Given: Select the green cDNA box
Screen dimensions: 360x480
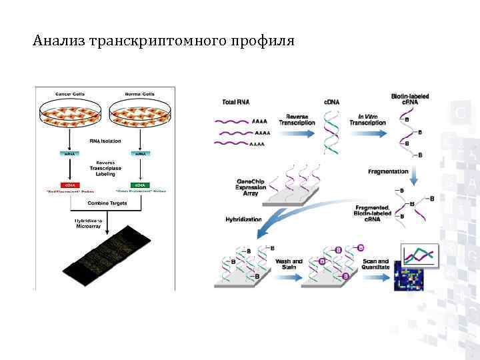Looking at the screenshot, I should point(141,184).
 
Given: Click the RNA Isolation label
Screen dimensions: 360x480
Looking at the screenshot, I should point(105,141).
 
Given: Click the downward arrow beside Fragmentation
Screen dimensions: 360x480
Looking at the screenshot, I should point(415,175).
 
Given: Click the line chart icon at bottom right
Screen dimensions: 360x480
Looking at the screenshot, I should point(419,255).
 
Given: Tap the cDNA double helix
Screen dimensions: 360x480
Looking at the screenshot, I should point(330,131).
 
